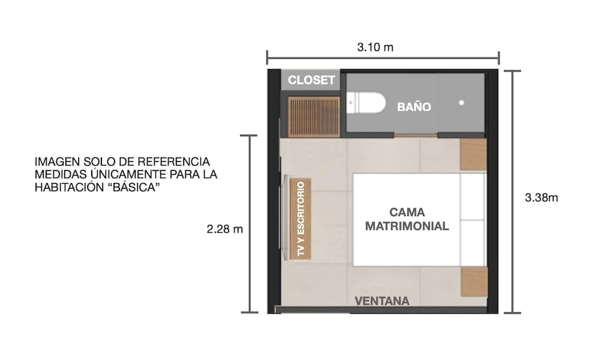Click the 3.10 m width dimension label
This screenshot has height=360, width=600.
375,47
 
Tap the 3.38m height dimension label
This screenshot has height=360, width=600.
541,197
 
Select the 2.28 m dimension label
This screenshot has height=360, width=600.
225,229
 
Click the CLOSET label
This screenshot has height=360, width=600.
311,80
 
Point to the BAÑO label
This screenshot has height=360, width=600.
414,107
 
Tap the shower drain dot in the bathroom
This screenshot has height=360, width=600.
461,103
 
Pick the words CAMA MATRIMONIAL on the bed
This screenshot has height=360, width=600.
407,220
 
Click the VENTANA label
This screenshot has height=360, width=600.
382,301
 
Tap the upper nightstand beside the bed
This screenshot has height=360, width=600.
473,154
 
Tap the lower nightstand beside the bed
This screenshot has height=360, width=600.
473,281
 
